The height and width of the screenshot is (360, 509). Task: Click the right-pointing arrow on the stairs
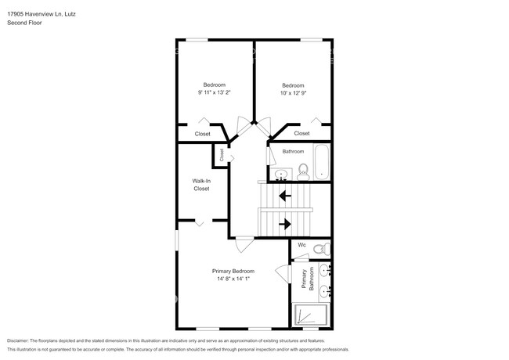(285, 223)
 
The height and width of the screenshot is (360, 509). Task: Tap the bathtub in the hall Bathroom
(323, 163)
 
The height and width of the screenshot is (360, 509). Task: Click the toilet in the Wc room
(319, 250)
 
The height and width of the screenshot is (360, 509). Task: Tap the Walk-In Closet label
(201, 185)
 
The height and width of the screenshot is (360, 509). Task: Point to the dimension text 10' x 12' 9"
(293, 92)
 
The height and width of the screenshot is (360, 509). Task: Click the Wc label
(301, 245)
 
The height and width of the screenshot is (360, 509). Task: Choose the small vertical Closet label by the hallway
(222, 155)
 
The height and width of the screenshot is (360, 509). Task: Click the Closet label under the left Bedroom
(202, 133)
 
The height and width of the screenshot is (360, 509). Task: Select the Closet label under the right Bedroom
(301, 133)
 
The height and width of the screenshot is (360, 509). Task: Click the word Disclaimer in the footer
(16, 341)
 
